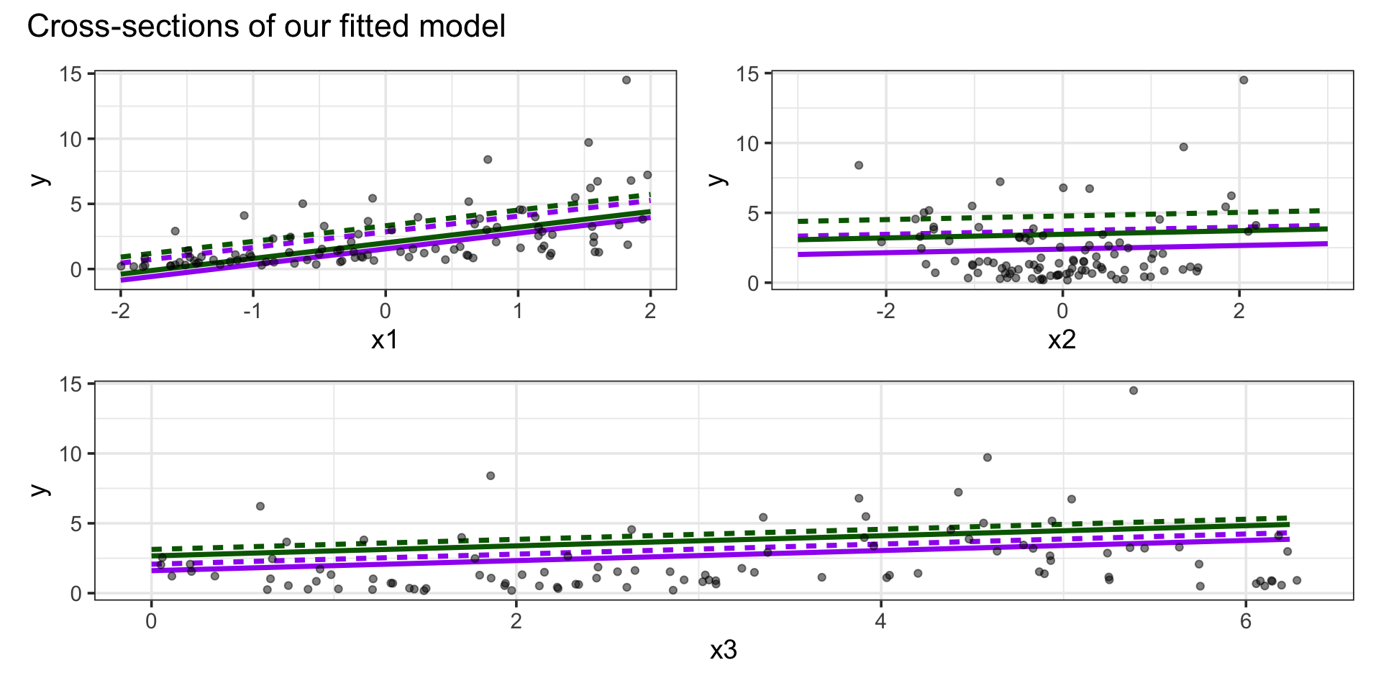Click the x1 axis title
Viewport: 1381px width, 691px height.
point(385,339)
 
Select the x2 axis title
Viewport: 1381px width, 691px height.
point(1062,339)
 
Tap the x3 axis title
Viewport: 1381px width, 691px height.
point(724,650)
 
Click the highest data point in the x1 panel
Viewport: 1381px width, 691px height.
point(626,80)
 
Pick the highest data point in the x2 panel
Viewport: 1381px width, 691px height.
point(1244,80)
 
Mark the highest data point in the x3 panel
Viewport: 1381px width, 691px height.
point(1134,391)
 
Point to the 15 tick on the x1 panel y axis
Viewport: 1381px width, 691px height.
point(71,73)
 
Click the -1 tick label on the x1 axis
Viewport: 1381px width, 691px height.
point(251,311)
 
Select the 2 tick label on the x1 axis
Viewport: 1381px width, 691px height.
point(650,311)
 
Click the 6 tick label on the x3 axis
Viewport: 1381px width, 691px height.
point(1246,621)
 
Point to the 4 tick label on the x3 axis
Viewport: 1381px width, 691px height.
point(881,621)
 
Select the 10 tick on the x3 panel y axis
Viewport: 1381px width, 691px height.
point(71,454)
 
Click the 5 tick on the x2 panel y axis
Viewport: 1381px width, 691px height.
point(753,214)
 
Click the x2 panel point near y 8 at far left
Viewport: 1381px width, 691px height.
point(859,166)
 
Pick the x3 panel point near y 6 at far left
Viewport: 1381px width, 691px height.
point(260,507)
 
